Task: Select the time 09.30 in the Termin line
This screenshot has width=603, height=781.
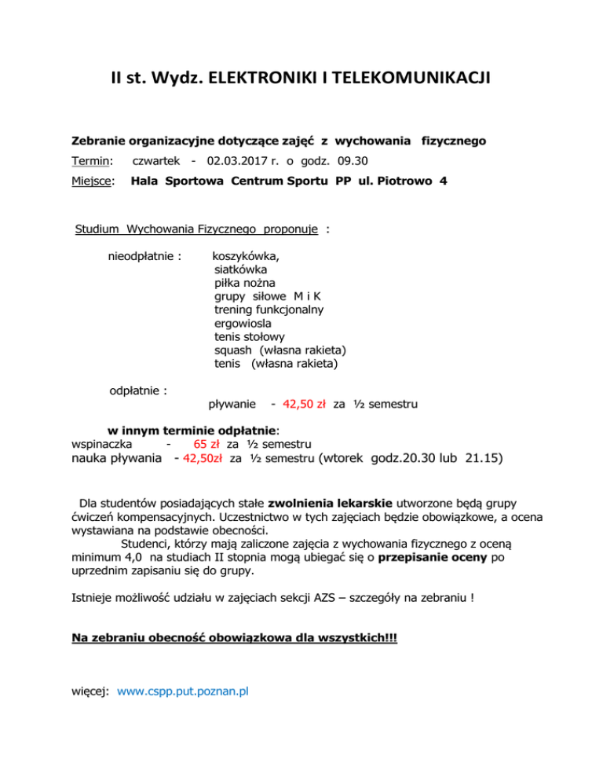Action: pos(354,161)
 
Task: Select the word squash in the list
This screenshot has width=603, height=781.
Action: pos(232,350)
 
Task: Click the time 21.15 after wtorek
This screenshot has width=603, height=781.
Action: pos(482,457)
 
